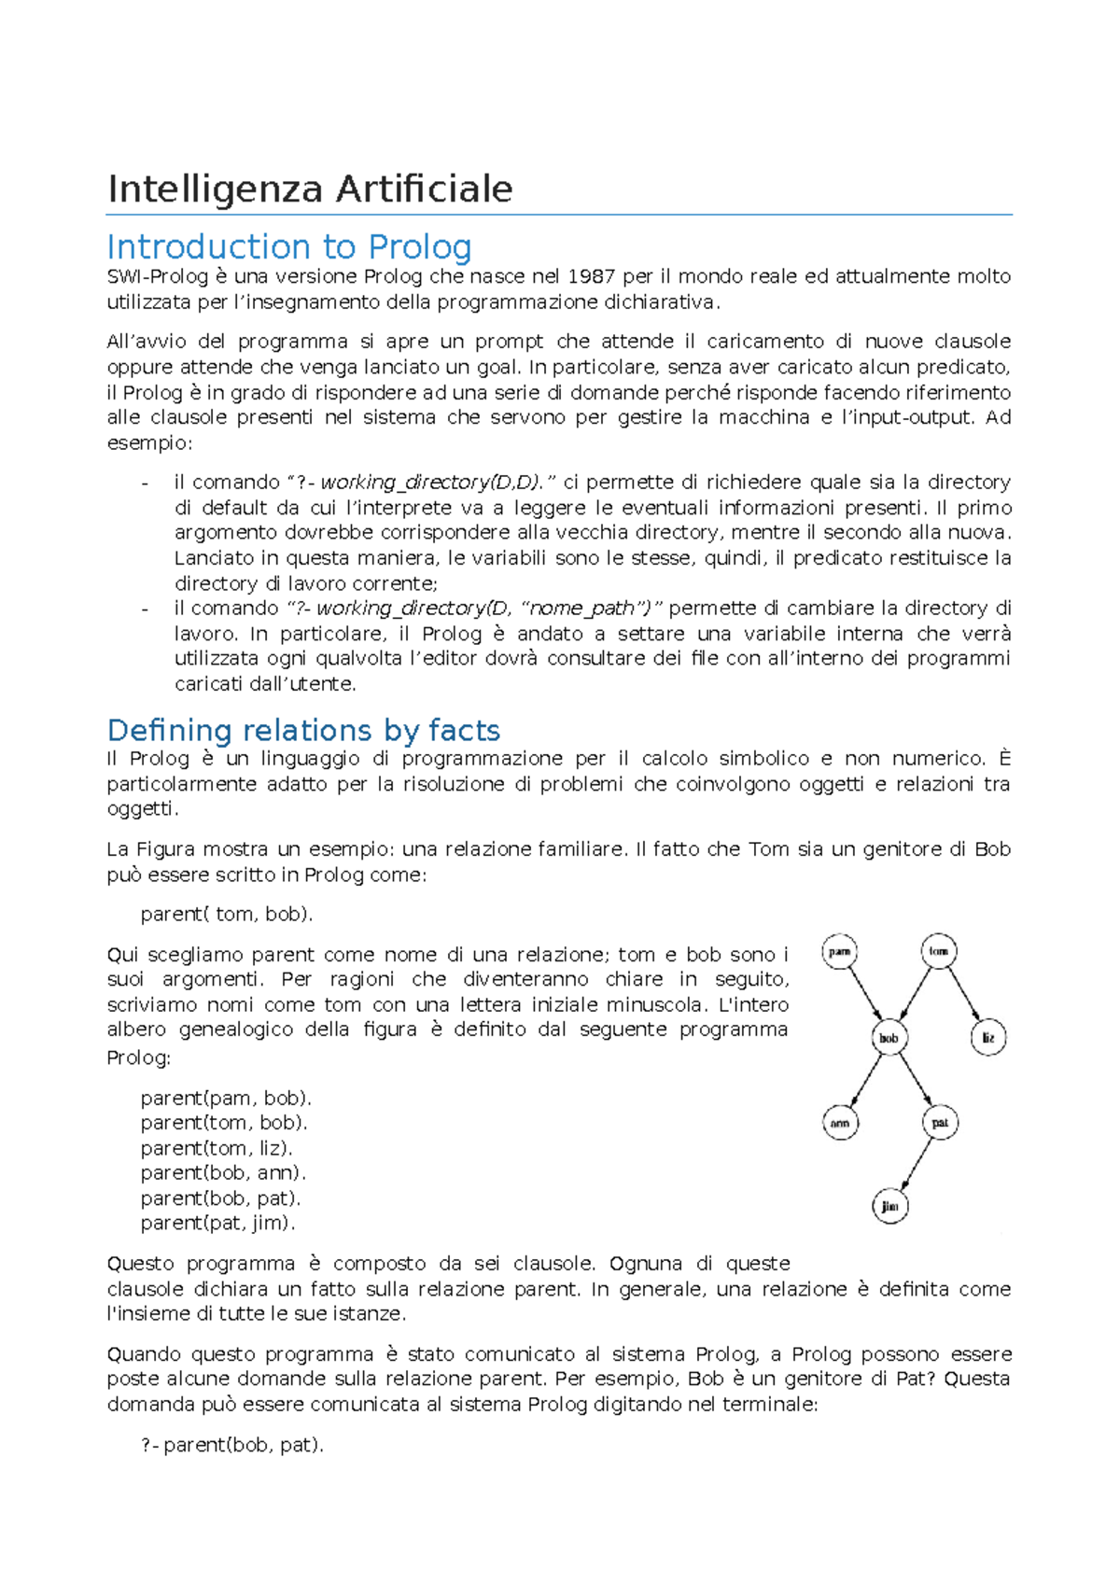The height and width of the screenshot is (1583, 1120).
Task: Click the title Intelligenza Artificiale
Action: tap(310, 189)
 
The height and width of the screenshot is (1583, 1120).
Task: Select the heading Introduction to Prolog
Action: tap(289, 247)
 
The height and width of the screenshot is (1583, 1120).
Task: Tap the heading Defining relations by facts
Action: tap(303, 730)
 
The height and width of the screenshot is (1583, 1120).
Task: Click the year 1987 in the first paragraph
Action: tap(591, 276)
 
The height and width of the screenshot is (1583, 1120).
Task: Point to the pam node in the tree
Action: tap(840, 951)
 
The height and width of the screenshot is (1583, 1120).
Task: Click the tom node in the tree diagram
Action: tap(938, 951)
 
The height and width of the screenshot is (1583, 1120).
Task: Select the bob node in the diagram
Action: tap(889, 1038)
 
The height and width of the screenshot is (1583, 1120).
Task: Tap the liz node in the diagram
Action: tap(988, 1038)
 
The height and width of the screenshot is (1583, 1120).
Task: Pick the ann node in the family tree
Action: tap(840, 1123)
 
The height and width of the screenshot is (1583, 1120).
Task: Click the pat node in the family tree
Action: tap(940, 1123)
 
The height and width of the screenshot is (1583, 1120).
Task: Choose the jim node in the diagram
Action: tap(890, 1206)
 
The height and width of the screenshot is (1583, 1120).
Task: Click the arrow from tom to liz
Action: tap(964, 995)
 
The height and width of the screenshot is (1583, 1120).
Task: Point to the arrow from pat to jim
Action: tap(917, 1164)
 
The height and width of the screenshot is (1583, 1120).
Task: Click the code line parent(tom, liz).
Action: tap(217, 1148)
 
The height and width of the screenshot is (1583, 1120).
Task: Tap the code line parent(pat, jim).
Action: tap(217, 1223)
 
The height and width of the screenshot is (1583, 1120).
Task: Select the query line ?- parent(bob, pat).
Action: tap(232, 1445)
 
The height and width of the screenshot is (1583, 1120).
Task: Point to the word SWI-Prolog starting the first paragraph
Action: tap(157, 276)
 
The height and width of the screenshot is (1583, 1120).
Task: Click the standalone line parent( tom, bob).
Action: tap(227, 915)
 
